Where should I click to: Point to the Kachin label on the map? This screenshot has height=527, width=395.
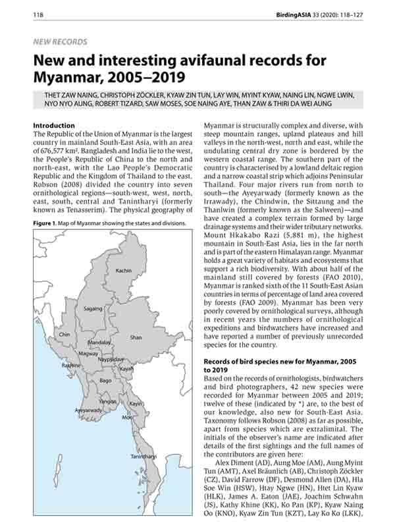click(123, 271)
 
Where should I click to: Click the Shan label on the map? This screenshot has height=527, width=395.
click(136, 337)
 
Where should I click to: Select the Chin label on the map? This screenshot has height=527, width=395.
click(65, 335)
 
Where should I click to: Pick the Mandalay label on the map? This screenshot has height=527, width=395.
click(99, 343)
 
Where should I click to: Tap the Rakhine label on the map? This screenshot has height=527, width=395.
click(71, 365)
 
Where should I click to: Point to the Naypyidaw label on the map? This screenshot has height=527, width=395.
click(111, 360)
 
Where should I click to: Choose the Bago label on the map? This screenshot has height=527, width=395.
click(105, 381)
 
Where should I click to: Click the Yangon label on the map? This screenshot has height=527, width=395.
click(107, 401)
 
